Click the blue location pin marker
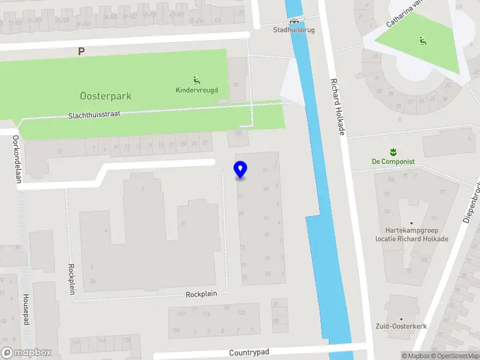[240, 170]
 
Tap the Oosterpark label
[106, 96]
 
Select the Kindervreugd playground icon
[196, 80]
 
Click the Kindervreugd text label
[197, 91]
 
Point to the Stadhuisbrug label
[294, 29]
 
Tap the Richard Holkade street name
[337, 106]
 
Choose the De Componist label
[393, 161]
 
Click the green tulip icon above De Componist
[394, 151]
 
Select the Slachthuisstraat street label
[94, 115]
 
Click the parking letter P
[81, 52]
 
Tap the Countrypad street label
[249, 353]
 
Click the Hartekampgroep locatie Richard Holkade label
[412, 234]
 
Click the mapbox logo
[26, 353]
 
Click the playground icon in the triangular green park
[422, 41]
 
